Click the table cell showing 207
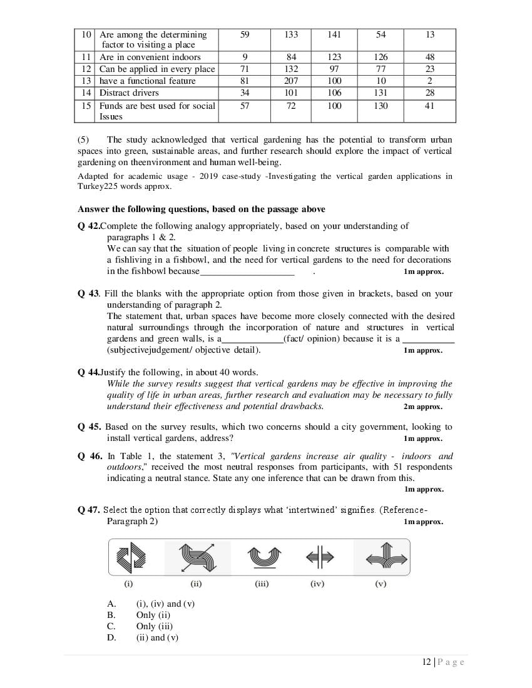[x=291, y=81]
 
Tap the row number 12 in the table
[x=87, y=69]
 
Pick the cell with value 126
[x=381, y=58]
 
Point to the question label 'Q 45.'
[x=90, y=427]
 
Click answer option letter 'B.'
[x=111, y=615]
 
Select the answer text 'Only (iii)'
[x=155, y=627]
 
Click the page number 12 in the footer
[x=426, y=662]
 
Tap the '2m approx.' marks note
[x=423, y=407]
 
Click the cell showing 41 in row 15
[x=429, y=106]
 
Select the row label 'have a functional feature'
[x=147, y=81]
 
